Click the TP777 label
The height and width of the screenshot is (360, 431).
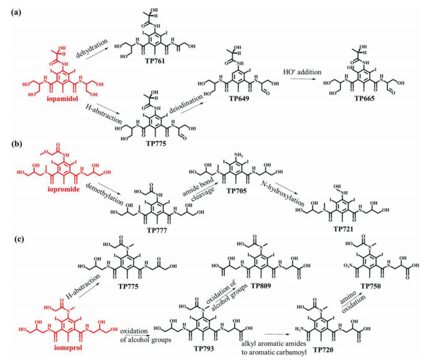click(157, 231)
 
